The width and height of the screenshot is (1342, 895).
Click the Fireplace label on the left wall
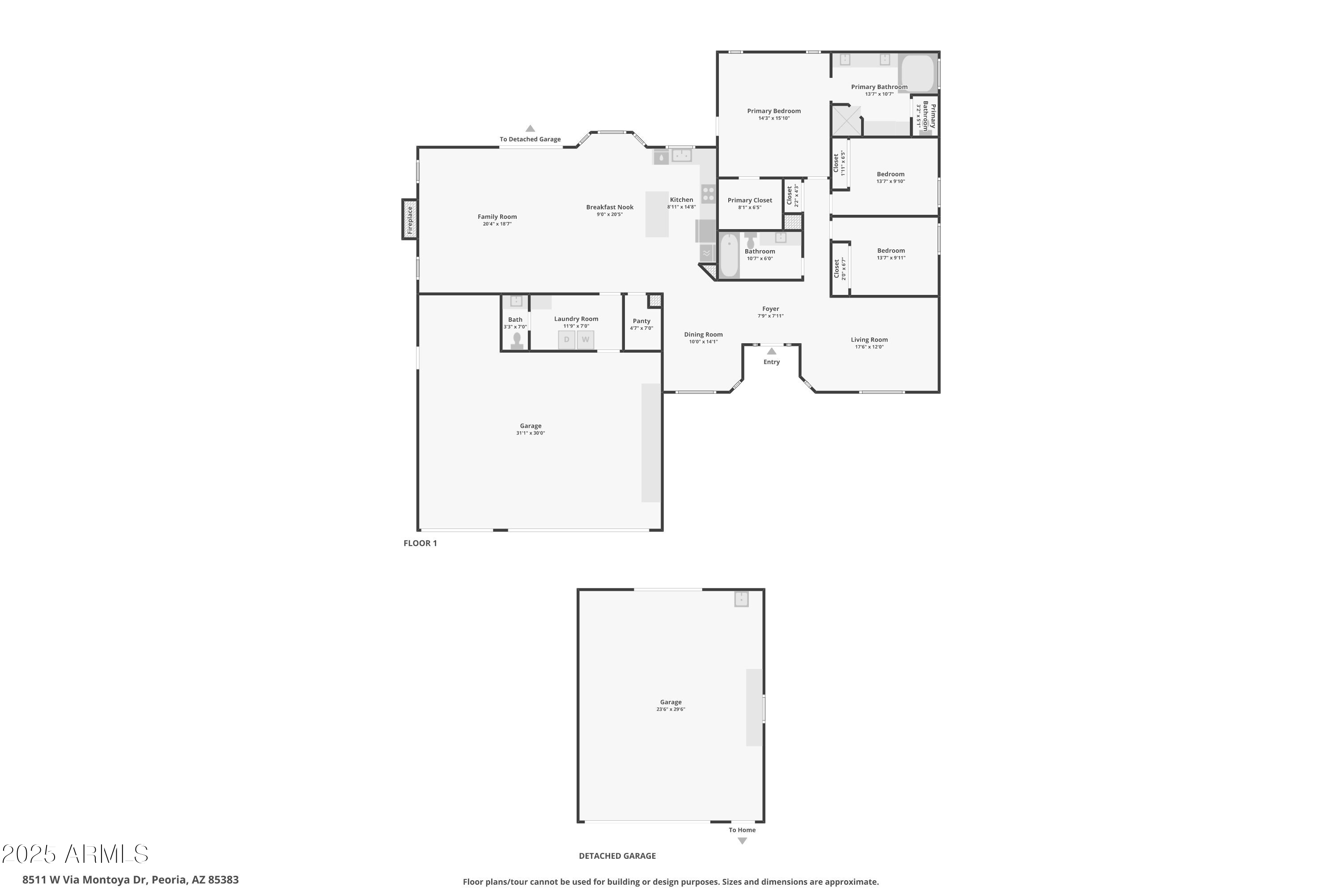point(409,220)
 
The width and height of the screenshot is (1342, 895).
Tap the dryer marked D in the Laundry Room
point(566,340)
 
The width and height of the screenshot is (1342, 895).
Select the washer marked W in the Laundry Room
point(586,340)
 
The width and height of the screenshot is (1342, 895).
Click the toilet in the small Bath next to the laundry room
point(517,340)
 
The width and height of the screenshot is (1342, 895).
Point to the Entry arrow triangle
point(771,351)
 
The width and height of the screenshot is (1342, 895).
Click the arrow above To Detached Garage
point(530,129)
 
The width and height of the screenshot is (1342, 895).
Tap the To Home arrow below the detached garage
point(742,841)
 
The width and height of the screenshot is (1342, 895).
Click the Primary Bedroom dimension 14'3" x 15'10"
point(774,119)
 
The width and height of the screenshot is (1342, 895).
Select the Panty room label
point(641,321)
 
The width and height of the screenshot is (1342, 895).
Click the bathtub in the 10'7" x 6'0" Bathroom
point(729,255)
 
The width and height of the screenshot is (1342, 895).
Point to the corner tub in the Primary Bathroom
point(917,72)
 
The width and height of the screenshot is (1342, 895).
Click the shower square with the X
point(846,120)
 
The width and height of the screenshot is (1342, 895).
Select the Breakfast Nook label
point(609,207)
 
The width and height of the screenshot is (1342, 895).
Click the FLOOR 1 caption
point(420,543)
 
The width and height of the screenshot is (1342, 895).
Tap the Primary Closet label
point(750,200)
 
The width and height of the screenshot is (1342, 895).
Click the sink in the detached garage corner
point(741,599)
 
